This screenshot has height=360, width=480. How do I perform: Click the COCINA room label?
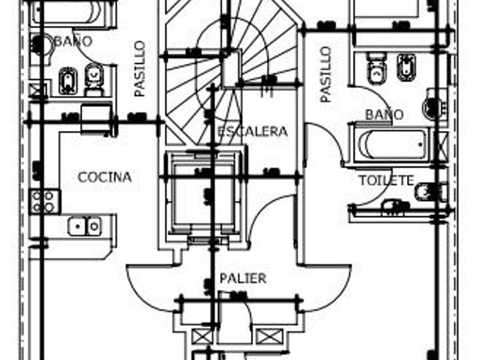[x=105, y=177]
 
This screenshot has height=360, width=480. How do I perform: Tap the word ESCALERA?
[x=252, y=131]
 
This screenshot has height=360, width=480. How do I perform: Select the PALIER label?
[x=243, y=278]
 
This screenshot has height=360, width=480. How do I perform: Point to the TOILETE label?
[x=386, y=181]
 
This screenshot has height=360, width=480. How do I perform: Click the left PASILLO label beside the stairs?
[x=140, y=69]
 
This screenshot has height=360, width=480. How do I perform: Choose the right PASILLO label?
[x=326, y=74]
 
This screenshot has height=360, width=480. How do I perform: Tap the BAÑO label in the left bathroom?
[x=73, y=41]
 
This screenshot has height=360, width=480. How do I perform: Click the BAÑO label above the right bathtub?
[x=384, y=114]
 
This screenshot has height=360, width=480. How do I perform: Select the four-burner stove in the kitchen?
[x=45, y=201]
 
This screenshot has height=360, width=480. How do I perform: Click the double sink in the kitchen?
[x=85, y=226]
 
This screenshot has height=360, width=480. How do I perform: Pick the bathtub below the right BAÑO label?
[x=393, y=145]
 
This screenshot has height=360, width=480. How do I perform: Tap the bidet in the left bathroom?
[x=67, y=80]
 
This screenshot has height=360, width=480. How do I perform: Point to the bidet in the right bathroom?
[x=406, y=67]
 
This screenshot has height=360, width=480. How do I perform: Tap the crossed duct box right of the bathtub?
[x=440, y=145]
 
